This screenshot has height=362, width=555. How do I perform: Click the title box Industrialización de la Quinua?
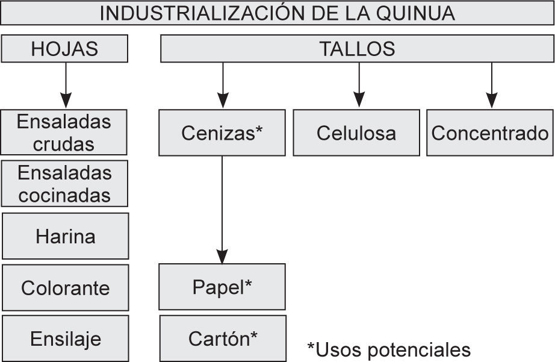point(277,13)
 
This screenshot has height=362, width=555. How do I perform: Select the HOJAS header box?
point(64,49)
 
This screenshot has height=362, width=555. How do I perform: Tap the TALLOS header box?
point(357,49)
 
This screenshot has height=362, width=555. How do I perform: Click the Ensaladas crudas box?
point(64,133)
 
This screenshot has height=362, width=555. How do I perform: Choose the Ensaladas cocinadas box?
point(64,184)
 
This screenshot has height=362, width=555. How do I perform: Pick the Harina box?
point(65,236)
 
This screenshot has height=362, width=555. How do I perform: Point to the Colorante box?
point(65,287)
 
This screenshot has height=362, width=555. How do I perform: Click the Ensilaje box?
point(65,339)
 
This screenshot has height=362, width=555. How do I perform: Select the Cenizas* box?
point(222,133)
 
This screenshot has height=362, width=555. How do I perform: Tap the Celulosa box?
point(356,133)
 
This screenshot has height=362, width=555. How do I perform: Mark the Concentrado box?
point(490,133)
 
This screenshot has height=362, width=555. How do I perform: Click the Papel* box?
point(222,287)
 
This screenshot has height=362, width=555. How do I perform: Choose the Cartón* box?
point(223,338)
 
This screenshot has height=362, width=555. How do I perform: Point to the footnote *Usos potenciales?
point(388,349)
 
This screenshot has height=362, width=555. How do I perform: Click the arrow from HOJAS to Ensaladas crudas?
point(66,85)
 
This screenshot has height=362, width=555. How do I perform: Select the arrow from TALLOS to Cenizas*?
point(223,81)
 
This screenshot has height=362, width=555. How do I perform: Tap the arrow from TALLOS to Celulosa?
point(359,81)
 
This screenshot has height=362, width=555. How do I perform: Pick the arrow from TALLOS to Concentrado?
point(492,81)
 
